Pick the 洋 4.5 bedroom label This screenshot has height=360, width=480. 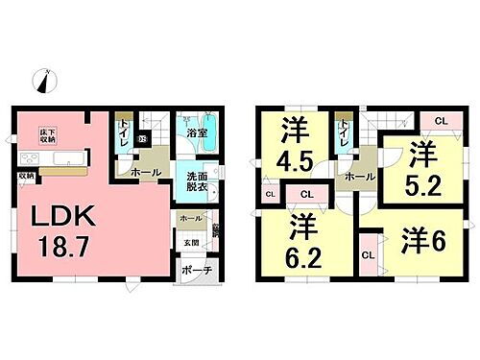coord(294,143)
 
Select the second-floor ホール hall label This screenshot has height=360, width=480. coord(357,178)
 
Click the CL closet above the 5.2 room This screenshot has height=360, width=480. coord(440,120)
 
